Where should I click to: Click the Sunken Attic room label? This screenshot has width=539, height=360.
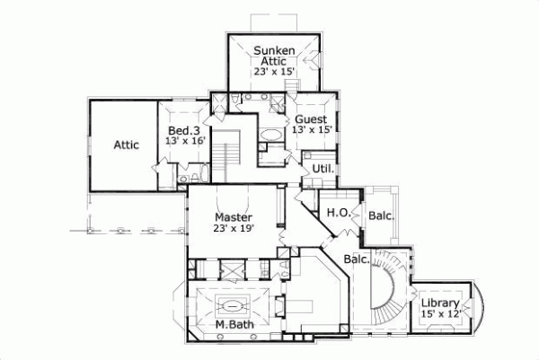[x=269, y=55]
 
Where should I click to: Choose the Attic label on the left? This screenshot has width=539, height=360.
[x=127, y=145]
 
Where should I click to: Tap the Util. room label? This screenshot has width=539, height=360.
[x=323, y=169]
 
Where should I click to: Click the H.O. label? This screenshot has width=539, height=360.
[x=338, y=213]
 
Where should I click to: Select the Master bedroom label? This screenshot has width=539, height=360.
[x=233, y=217]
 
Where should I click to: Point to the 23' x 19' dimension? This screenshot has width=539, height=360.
[x=233, y=229]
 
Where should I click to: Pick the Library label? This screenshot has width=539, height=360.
[x=441, y=303]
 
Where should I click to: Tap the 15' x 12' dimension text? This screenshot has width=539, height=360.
[x=441, y=314]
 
